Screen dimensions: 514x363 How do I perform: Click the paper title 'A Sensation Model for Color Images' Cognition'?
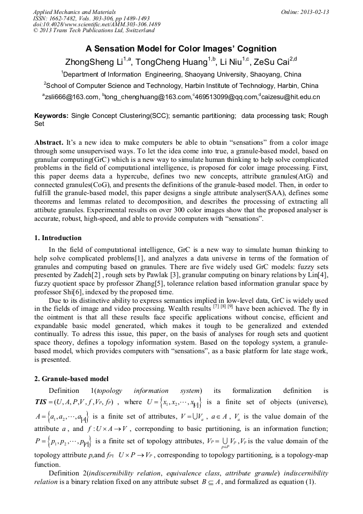click(x=181, y=48)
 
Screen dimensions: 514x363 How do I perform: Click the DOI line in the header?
click(x=96, y=25)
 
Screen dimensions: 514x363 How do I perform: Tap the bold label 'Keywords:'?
click(x=51, y=116)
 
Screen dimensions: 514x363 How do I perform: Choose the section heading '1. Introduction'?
click(x=58, y=238)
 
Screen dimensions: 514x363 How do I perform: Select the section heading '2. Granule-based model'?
click(x=71, y=379)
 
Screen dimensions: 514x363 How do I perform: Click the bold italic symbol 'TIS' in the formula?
click(x=42, y=401)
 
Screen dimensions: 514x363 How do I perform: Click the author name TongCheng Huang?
click(x=171, y=62)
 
